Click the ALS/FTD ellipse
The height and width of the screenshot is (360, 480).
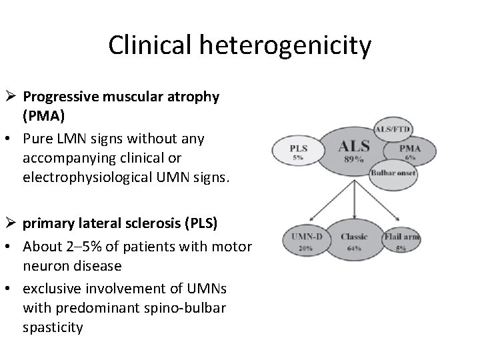393,129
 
